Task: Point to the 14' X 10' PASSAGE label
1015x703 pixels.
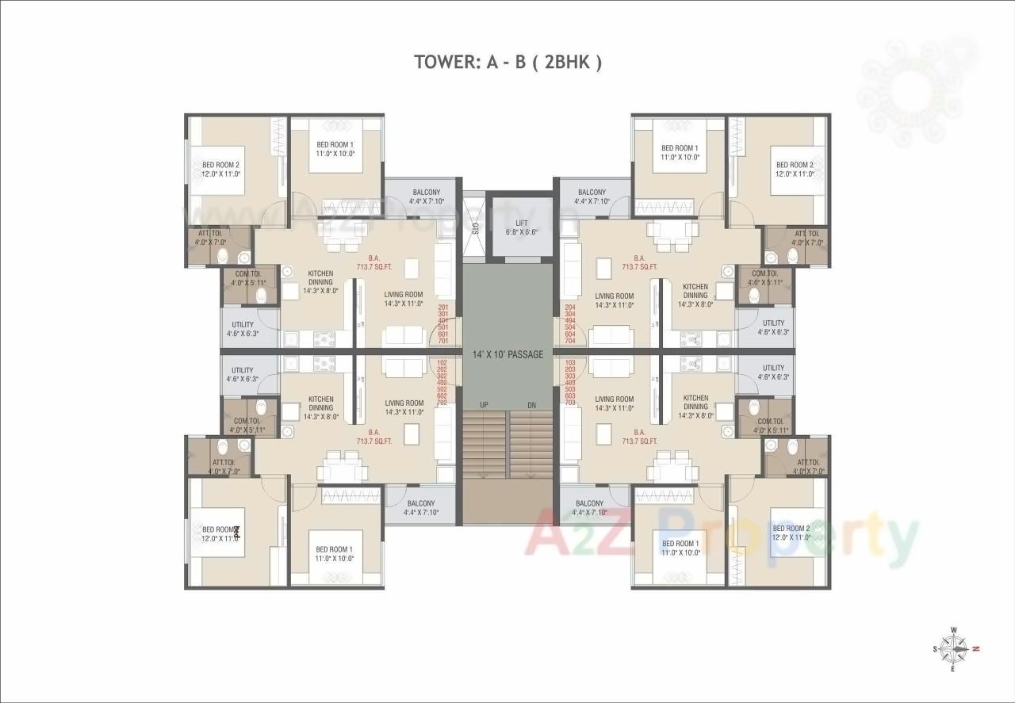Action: (x=507, y=354)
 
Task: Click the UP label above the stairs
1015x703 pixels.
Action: (x=484, y=406)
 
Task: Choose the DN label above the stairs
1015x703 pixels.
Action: (x=531, y=406)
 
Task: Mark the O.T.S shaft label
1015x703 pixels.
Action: (x=474, y=229)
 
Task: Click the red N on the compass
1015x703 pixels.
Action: (x=976, y=648)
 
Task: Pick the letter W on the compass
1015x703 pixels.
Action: (x=954, y=631)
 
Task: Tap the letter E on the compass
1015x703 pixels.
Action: (x=954, y=669)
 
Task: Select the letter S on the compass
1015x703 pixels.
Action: (x=935, y=649)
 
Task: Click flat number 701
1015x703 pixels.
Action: (x=442, y=342)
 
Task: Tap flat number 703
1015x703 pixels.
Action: (x=569, y=403)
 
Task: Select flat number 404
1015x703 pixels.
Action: (x=569, y=320)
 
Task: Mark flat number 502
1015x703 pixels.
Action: (x=442, y=388)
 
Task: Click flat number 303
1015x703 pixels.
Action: (x=569, y=376)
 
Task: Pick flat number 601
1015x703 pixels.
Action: (x=442, y=334)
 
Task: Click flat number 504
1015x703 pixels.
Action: (x=569, y=327)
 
